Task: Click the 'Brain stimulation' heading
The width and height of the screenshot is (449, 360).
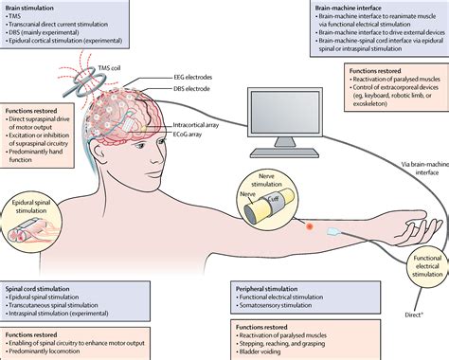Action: [34, 9]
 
